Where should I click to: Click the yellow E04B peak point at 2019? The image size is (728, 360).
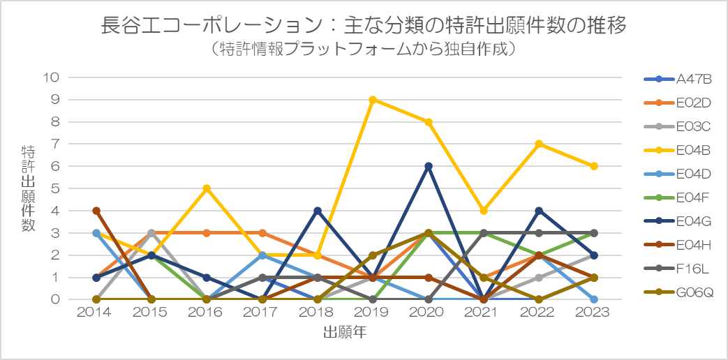coord(373,100)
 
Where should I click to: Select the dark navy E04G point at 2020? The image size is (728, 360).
coord(428,166)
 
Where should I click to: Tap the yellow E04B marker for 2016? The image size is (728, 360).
coord(207,188)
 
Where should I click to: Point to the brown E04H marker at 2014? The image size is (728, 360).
coord(96,211)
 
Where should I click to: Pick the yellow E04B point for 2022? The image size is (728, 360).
coord(539,144)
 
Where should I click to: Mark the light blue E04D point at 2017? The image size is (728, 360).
coord(262,255)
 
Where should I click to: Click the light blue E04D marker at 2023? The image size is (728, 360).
coord(594,299)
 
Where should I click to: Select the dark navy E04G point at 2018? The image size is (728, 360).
coord(318,211)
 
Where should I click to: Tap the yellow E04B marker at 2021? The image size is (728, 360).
coord(483,211)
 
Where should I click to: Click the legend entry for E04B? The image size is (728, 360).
coord(678,150)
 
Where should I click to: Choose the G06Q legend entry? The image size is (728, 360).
coord(678,292)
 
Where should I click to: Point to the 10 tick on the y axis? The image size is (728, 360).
coord(52,77)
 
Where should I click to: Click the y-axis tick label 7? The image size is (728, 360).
coord(56,144)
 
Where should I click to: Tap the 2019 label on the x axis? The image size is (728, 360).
coord(373,313)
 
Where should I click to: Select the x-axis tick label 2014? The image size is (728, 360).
coord(96,313)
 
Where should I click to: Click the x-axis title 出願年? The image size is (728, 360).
coord(346,332)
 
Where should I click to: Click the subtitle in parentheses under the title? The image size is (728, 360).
coord(364,49)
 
